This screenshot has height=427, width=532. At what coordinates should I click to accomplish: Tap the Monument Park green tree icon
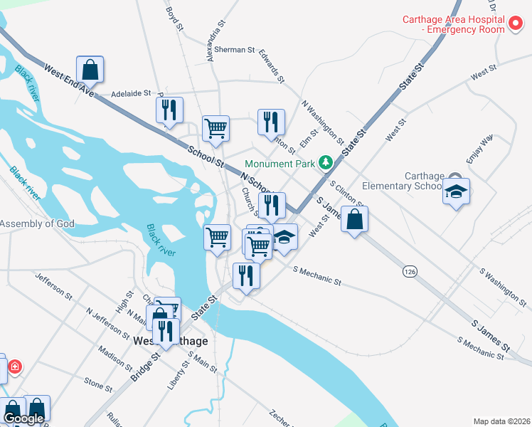tap(326, 164)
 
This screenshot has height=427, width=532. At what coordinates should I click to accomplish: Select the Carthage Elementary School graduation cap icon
tap(456, 192)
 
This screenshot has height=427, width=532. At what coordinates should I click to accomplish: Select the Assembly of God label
tap(37, 223)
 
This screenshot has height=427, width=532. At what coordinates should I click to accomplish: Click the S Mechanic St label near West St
tap(316, 275)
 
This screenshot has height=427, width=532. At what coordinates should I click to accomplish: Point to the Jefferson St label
tap(54, 284)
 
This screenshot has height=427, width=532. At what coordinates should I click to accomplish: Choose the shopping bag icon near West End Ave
tap(90, 70)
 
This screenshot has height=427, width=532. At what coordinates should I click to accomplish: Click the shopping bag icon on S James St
tap(354, 220)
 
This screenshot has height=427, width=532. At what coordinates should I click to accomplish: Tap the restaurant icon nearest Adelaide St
tap(169, 110)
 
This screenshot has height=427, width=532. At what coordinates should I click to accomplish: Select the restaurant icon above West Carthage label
tap(166, 331)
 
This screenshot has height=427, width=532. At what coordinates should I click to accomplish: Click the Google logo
tap(24, 418)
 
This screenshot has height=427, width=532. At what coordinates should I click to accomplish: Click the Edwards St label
tap(272, 65)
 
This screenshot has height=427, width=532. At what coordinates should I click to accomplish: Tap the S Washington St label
tap(504, 289)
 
